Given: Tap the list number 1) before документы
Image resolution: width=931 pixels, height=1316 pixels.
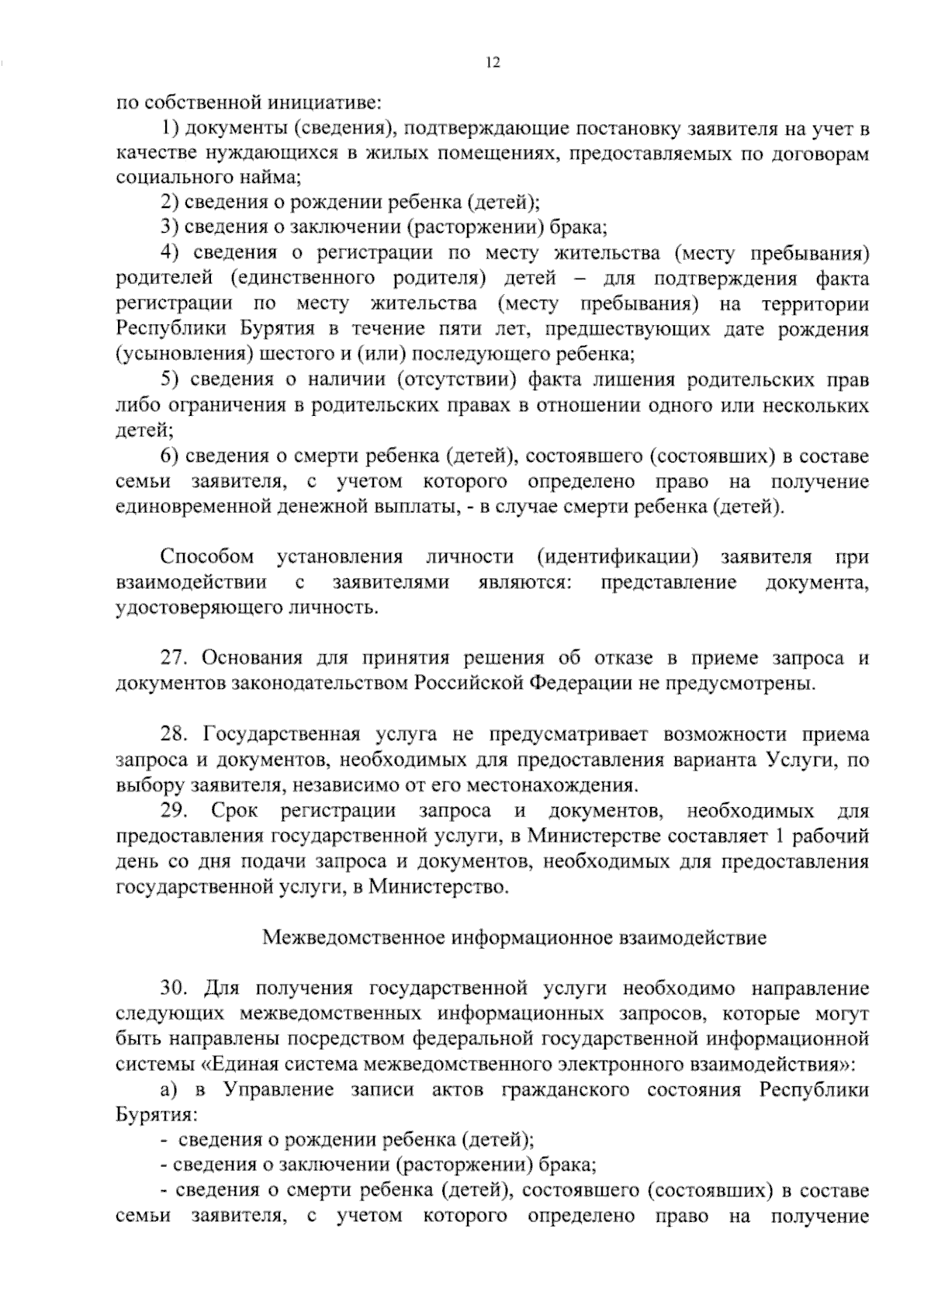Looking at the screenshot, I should click(x=170, y=127).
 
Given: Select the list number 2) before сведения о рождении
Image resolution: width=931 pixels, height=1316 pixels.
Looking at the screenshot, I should click(x=170, y=203).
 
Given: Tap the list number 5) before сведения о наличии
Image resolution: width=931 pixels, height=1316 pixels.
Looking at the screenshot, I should click(x=170, y=380).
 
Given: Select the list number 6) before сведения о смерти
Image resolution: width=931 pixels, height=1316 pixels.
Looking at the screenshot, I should click(x=170, y=456).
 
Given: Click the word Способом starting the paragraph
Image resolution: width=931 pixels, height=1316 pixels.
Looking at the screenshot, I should click(x=207, y=557).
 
